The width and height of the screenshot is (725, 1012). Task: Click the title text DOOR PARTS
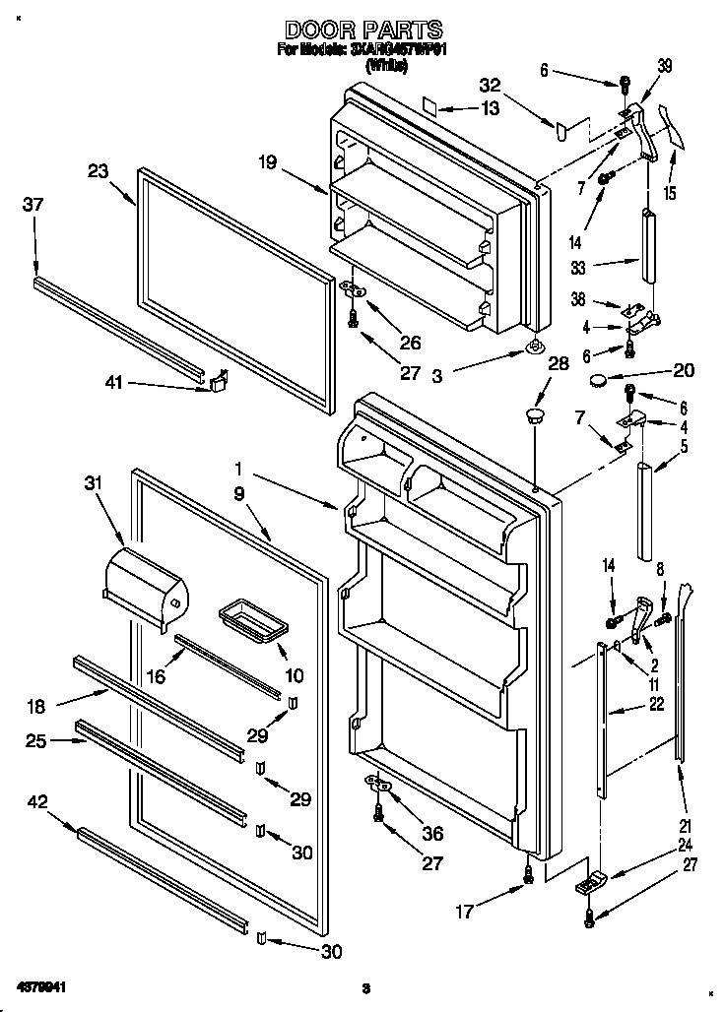point(363,31)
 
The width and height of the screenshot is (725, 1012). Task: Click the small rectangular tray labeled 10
point(247,620)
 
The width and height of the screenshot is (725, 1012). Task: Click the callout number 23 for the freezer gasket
point(97,169)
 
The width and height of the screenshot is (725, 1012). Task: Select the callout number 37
point(33,204)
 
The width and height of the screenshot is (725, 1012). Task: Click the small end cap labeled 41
point(218,379)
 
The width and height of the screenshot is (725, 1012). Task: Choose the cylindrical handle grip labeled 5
point(647,511)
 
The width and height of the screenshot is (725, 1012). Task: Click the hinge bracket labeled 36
point(377,784)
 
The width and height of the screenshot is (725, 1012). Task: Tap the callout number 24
point(683,845)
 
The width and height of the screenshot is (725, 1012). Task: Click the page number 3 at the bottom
point(363,987)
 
